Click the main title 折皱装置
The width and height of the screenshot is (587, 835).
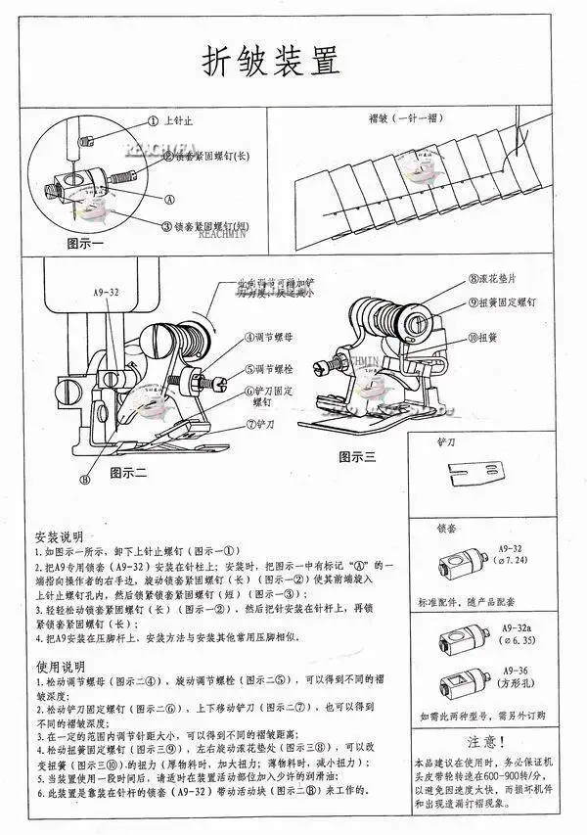[x=273, y=62]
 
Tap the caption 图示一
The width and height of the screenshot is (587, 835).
[x=86, y=242]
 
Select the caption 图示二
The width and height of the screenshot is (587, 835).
[x=128, y=472]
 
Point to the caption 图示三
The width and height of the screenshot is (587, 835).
[x=357, y=455]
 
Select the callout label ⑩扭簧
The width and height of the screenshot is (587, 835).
[x=485, y=338]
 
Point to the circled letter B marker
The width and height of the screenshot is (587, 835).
[x=84, y=480]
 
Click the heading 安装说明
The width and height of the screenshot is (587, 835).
[x=58, y=538]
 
